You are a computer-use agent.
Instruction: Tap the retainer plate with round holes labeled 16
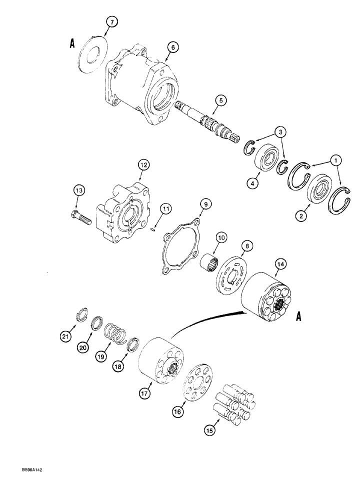point(199,388)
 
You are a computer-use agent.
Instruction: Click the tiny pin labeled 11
point(153,230)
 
